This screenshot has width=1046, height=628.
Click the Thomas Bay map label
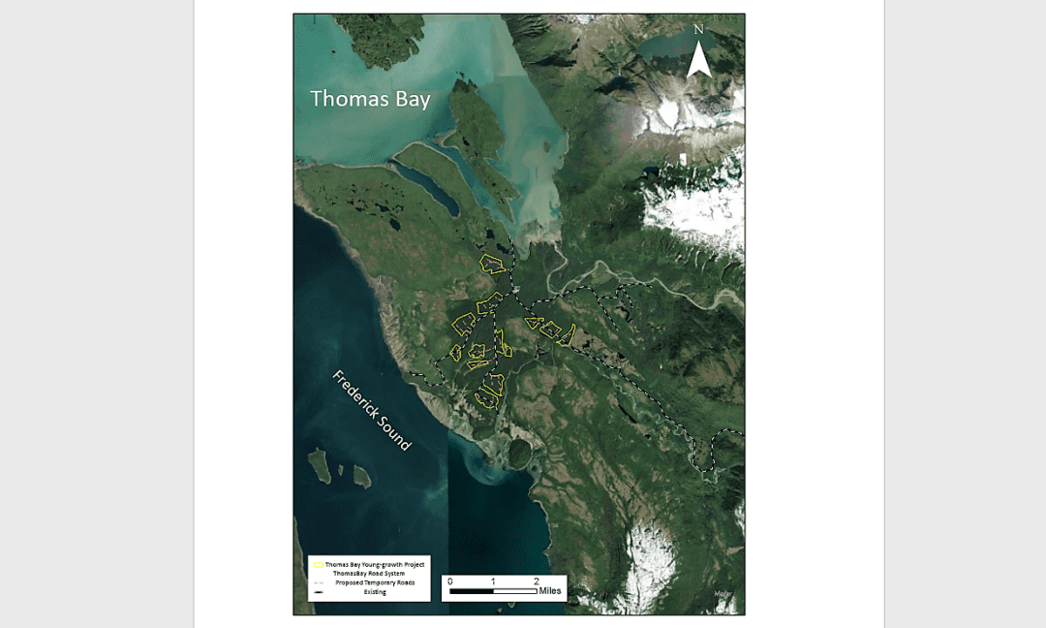tap(370, 99)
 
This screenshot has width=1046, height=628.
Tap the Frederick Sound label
tap(372, 410)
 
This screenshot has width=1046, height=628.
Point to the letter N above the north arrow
tap(698, 30)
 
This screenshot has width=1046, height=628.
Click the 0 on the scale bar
tap(450, 580)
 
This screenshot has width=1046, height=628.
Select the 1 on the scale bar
tap(493, 580)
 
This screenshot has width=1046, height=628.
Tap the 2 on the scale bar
tap(536, 580)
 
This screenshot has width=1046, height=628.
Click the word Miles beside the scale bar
tap(551, 590)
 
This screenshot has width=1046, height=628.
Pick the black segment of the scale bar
tap(472, 589)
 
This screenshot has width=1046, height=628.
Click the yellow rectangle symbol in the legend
tap(318, 563)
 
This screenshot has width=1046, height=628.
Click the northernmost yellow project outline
tap(493, 263)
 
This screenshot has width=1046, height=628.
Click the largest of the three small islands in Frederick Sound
tap(319, 465)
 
